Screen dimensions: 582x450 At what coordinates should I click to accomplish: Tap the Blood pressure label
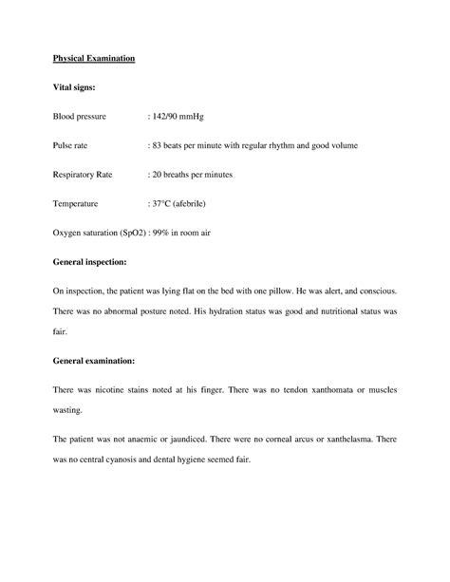(x=79, y=117)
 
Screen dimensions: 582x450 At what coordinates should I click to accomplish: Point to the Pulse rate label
(x=70, y=146)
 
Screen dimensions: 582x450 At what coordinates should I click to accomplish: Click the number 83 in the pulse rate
(x=158, y=146)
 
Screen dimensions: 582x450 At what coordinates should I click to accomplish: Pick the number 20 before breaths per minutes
(x=158, y=176)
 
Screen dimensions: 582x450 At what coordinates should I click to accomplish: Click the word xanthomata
(x=327, y=390)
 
